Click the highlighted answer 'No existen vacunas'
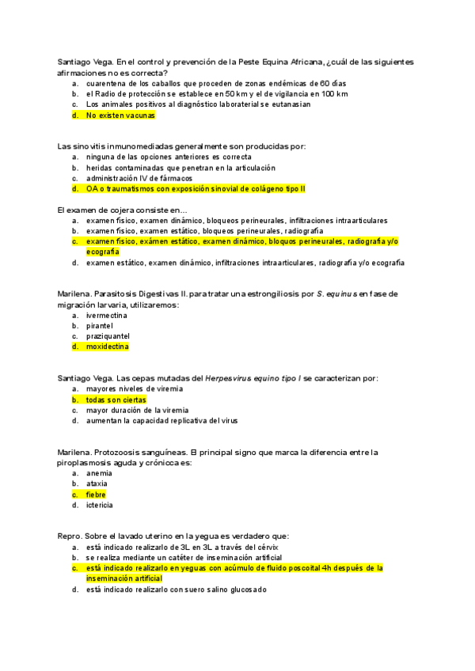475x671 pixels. (120, 115)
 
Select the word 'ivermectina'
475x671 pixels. (107, 315)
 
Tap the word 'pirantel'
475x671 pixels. (100, 325)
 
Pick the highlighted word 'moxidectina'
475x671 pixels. (108, 346)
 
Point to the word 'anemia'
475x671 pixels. (99, 473)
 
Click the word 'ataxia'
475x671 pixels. (97, 483)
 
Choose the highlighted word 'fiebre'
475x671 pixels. (96, 495)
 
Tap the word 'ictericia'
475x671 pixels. (100, 505)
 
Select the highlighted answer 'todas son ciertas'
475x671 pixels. (116, 400)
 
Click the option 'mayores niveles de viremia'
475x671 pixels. (135, 389)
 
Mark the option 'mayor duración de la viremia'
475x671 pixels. (138, 410)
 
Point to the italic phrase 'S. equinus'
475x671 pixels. (336, 294)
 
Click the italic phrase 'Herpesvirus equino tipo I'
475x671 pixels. (251, 378)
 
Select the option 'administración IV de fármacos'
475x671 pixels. (139, 178)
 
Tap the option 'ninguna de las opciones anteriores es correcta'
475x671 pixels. (169, 157)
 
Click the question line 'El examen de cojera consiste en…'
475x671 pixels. (121, 209)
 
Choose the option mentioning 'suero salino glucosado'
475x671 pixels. (177, 589)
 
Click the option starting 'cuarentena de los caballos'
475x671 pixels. (216, 83)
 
